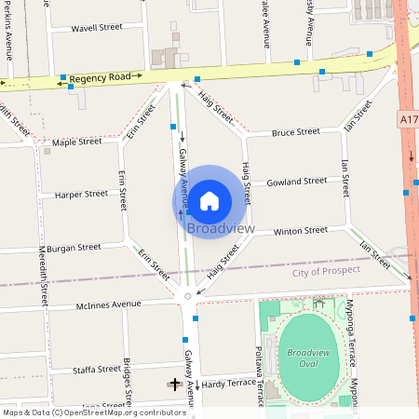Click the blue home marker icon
coord(209,200)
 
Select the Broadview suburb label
coord(221,228)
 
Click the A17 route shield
coord(409,119)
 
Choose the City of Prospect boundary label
coord(326,271)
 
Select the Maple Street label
coord(77,142)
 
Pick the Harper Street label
coord(81,195)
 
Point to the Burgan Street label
coord(75,249)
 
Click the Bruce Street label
coord(296,132)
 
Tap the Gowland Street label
coord(296,181)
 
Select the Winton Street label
coord(300,230)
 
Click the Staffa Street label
coord(96,370)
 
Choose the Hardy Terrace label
coord(228,384)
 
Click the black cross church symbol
coord(175,383)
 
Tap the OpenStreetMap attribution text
coord(81,412)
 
